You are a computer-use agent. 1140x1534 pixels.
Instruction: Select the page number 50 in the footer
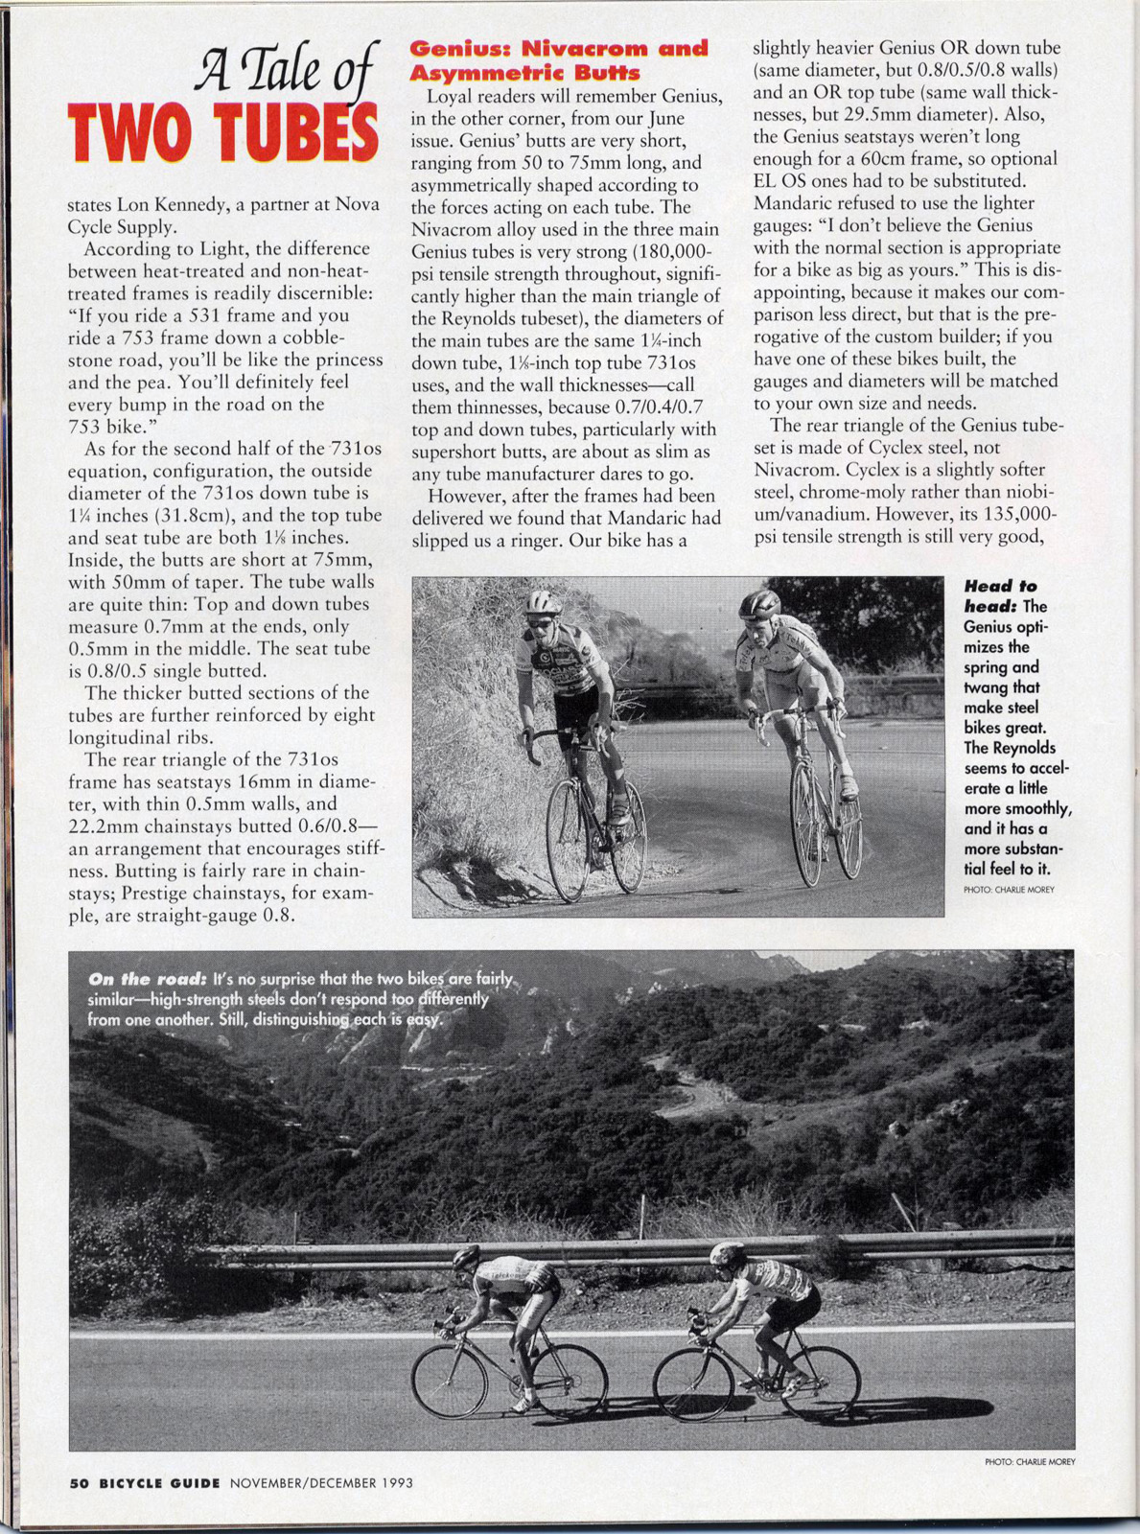pos(79,1482)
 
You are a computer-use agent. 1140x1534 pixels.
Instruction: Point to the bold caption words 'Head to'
pos(1000,586)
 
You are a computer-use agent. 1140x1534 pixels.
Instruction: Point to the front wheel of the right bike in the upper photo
pos(806,825)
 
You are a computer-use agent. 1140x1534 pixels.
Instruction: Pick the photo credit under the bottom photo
pos(1030,1461)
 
